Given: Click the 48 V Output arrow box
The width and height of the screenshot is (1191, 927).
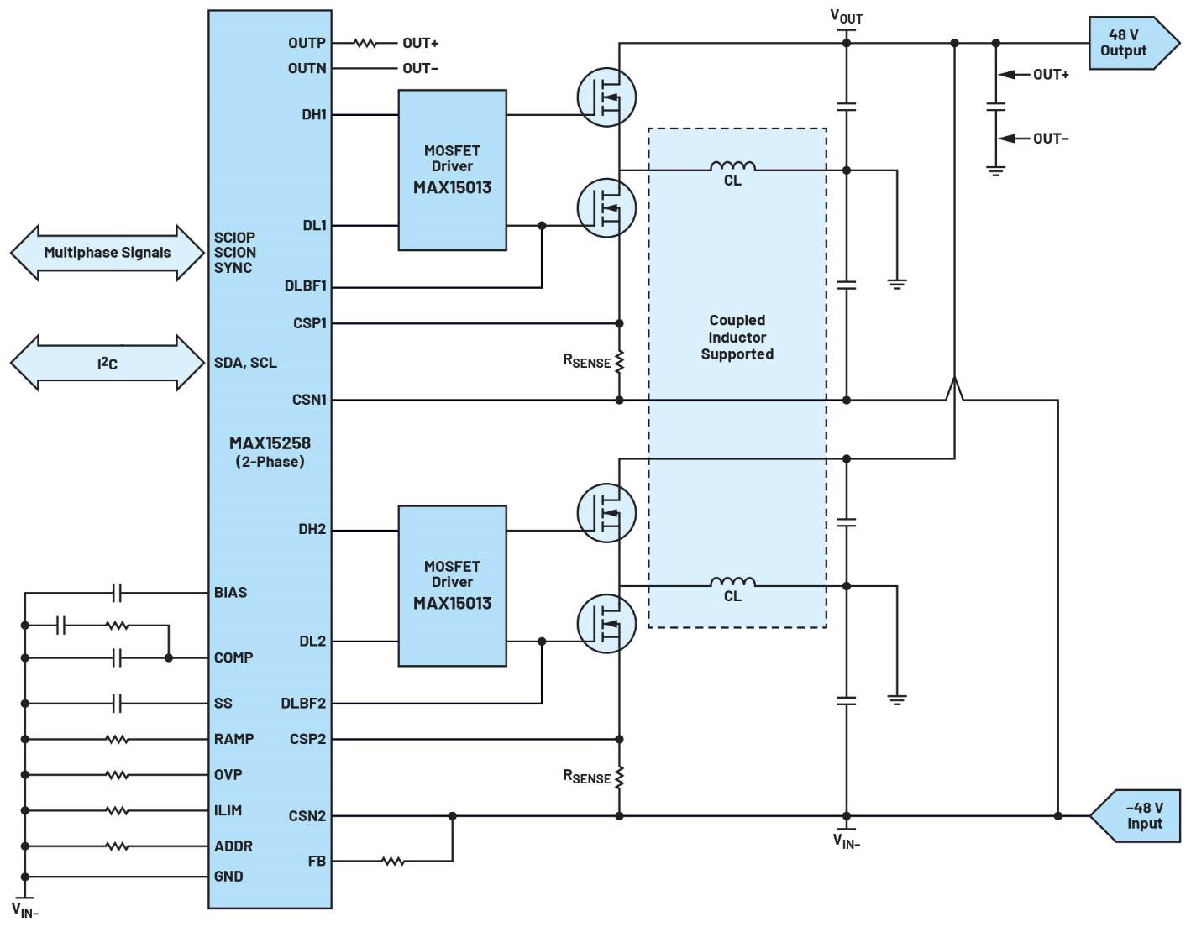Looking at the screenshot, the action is [1133, 43].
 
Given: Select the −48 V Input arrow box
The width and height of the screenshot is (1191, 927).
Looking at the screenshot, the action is [1135, 815].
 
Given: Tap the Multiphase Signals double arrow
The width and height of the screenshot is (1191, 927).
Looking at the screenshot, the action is [108, 253].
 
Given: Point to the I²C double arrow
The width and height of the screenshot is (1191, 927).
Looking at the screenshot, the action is [108, 363].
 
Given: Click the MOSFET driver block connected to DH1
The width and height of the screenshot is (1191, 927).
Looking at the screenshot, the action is [452, 170].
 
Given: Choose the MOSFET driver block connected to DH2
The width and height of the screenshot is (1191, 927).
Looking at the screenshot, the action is [452, 586].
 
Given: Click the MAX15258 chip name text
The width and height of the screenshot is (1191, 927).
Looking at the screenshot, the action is [270, 443].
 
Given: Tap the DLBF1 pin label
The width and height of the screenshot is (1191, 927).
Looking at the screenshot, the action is [305, 286].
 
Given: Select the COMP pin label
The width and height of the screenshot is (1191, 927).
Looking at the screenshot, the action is [233, 657].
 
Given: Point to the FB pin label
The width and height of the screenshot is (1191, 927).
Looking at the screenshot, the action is [317, 862].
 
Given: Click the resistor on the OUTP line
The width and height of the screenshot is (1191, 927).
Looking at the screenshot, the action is [365, 43].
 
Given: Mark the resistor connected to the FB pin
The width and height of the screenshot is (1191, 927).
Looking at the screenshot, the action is [392, 862].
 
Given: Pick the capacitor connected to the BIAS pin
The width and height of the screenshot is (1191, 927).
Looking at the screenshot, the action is [117, 593].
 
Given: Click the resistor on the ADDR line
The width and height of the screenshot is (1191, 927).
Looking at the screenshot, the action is [117, 846].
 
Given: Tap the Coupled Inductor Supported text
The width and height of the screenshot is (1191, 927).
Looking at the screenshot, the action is [737, 337].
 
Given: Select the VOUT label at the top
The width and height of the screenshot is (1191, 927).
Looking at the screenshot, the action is [847, 17].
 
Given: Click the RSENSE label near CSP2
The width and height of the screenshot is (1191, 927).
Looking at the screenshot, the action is [587, 777].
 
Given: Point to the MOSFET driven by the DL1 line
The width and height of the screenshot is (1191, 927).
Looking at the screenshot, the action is [606, 207].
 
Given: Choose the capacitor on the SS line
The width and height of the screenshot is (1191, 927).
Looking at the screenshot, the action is [117, 704].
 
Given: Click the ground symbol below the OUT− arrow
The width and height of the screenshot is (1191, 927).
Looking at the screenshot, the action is [996, 171].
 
